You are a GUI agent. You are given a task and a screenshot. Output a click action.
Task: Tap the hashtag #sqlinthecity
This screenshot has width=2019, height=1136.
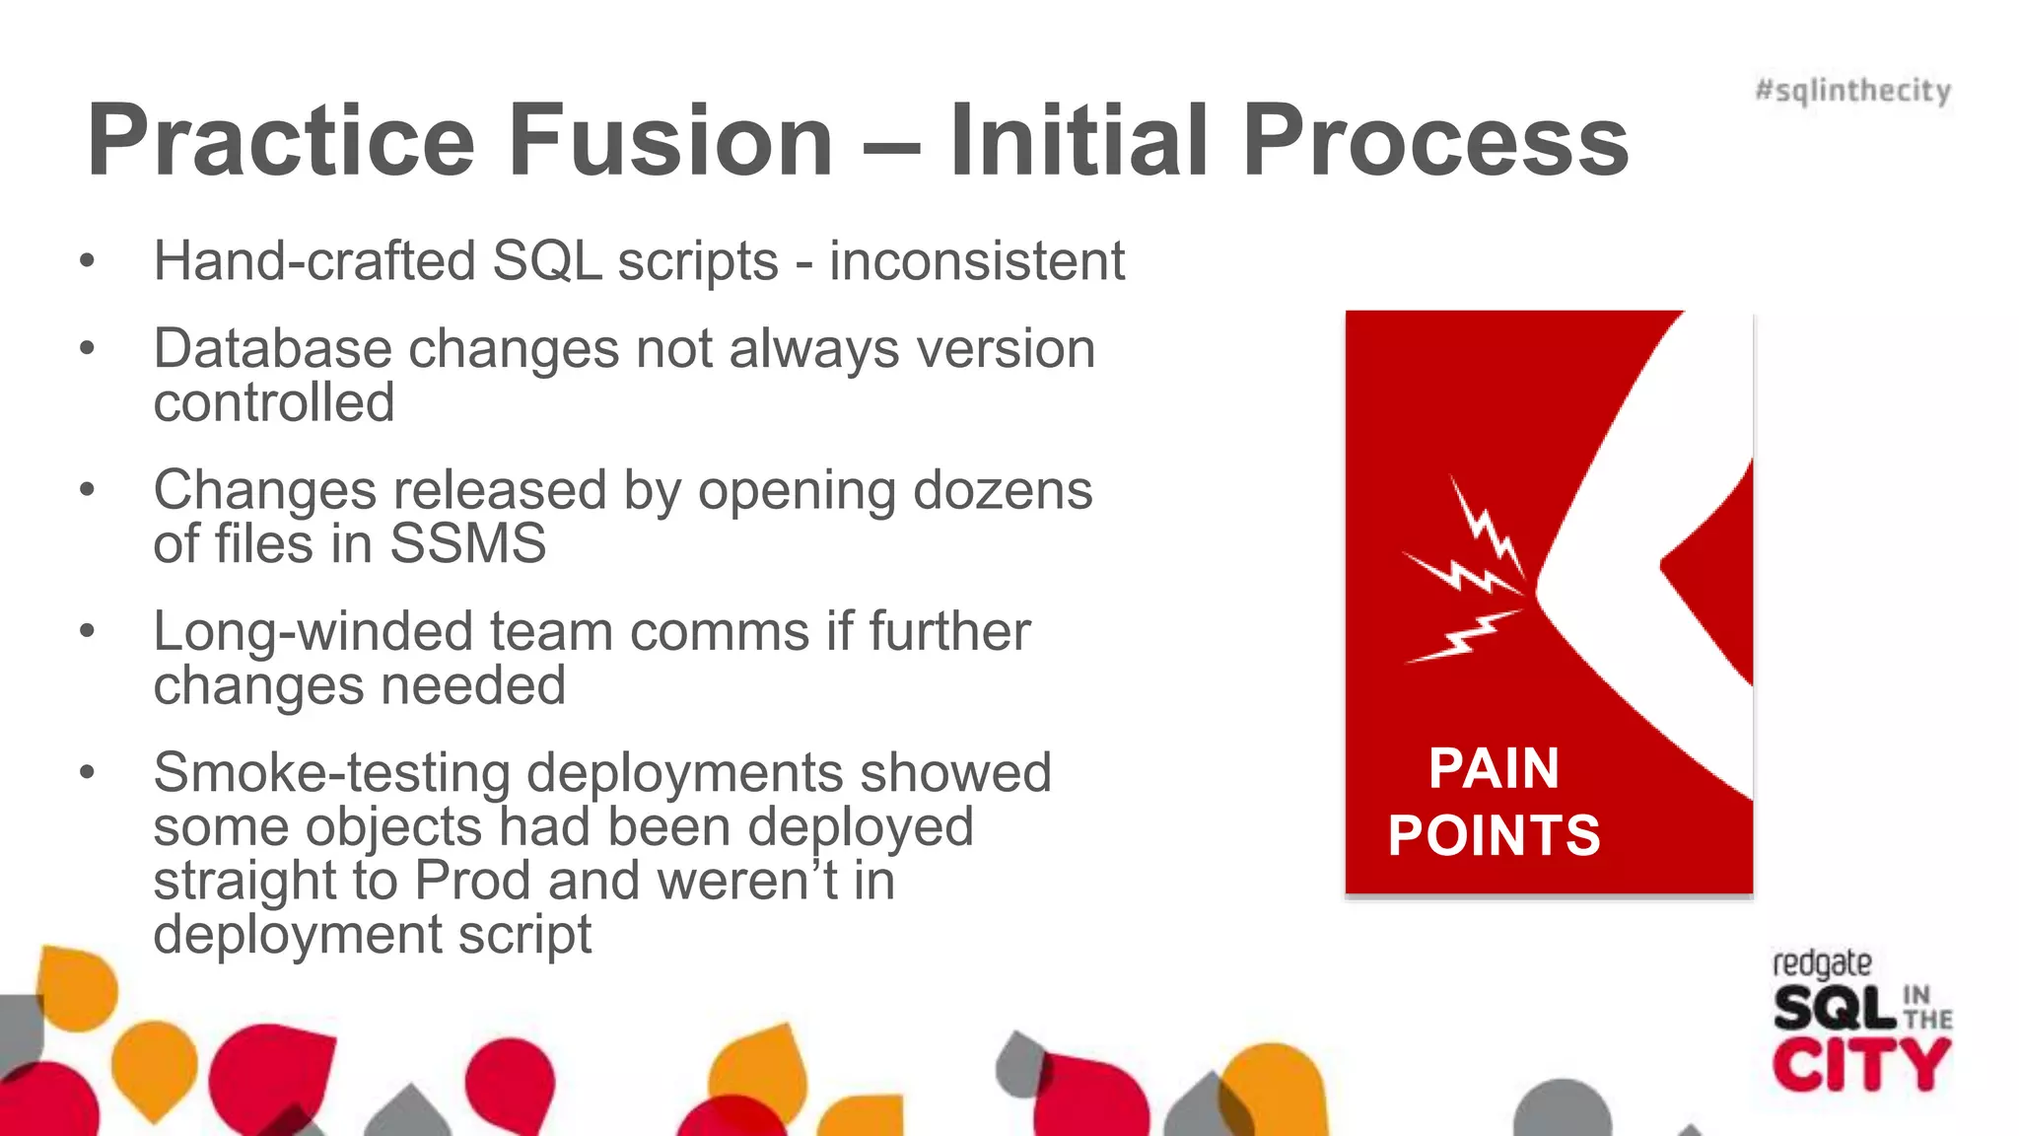tap(1852, 91)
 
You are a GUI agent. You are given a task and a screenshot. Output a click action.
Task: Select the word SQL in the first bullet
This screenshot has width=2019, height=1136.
tap(546, 262)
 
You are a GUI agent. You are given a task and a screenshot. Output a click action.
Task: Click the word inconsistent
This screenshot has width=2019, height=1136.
tap(976, 261)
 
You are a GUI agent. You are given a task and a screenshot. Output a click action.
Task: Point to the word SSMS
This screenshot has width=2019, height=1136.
tap(467, 543)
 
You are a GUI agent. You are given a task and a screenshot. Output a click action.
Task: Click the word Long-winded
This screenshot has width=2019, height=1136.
tap(313, 631)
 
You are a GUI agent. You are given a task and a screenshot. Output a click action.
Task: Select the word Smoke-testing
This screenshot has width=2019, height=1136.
tap(331, 772)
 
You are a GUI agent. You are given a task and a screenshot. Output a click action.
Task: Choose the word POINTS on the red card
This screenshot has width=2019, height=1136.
tap(1494, 835)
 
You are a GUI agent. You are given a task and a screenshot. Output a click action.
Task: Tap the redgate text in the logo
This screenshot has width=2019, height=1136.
tap(1821, 963)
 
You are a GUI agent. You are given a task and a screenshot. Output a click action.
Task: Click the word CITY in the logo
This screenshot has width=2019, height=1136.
tap(1860, 1065)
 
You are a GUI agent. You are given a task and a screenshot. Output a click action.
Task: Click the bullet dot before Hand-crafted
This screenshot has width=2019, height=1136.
tap(88, 262)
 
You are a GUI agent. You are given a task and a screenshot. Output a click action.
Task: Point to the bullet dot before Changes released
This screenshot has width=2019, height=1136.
tap(88, 490)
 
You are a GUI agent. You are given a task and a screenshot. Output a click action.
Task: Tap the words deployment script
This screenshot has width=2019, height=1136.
tap(373, 934)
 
